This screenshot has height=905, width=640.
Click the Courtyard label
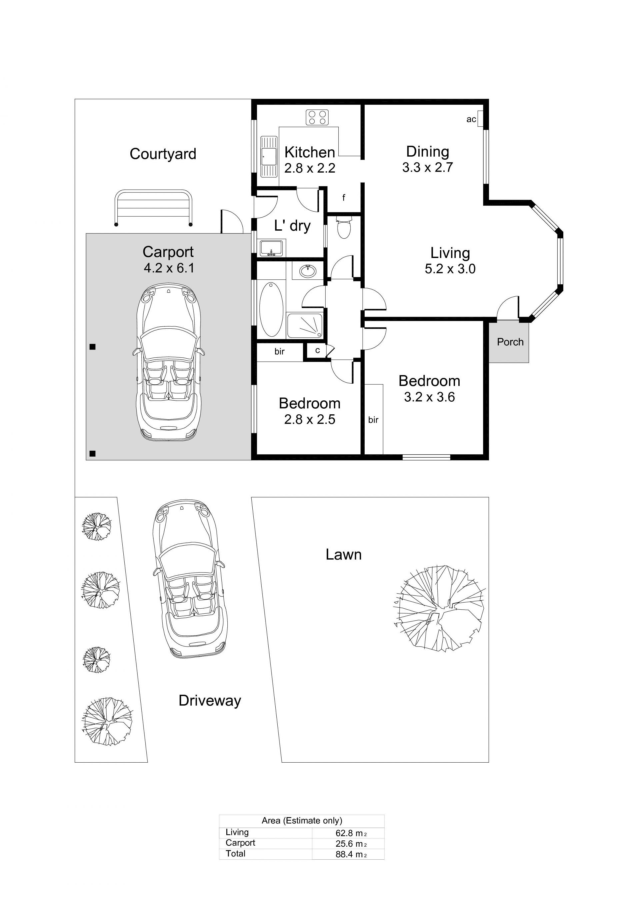(163, 154)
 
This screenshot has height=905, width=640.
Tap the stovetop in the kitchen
(317, 117)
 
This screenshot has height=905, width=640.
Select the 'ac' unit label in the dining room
(471, 119)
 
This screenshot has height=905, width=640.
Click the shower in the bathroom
(305, 325)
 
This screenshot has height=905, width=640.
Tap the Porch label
(510, 342)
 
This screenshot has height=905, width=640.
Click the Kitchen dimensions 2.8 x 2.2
(310, 168)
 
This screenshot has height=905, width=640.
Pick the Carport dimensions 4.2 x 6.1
(169, 268)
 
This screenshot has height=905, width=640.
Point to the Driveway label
(210, 700)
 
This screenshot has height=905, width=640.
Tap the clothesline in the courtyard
(153, 208)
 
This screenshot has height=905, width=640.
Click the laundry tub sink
(271, 248)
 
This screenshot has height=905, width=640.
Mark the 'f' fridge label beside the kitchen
(344, 197)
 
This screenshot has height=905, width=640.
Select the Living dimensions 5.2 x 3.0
(450, 269)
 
